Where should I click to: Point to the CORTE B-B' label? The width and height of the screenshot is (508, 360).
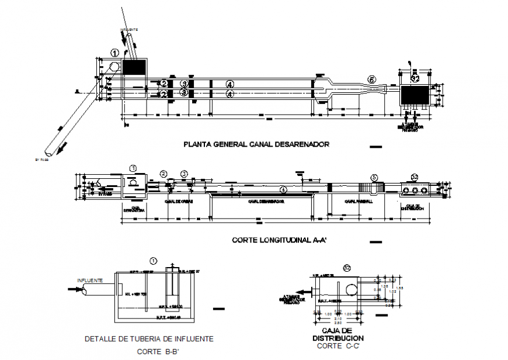coord(158,352)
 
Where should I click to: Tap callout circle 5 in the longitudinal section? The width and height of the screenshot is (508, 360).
coord(374,176)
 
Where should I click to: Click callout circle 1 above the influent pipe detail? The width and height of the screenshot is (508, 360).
coord(154,261)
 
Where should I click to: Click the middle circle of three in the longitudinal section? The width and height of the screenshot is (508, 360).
coord(415,190)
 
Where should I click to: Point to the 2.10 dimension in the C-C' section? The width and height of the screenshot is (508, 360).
coord(339,318)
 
